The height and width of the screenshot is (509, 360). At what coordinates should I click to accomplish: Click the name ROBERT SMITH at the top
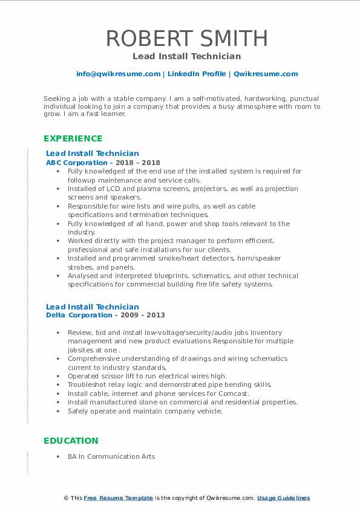click(x=187, y=39)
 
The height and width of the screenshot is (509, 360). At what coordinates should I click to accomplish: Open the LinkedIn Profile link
click(x=196, y=74)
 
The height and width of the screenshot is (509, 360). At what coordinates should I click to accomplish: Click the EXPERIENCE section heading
click(x=73, y=138)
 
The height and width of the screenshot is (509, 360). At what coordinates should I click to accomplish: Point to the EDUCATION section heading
click(x=70, y=441)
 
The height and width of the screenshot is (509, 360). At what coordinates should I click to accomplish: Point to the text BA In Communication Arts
click(x=111, y=456)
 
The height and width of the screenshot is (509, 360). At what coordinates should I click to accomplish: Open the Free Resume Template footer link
click(x=118, y=498)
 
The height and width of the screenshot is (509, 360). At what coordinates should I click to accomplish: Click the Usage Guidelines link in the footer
click(x=283, y=498)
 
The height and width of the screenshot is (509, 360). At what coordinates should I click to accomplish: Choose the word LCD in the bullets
click(x=113, y=189)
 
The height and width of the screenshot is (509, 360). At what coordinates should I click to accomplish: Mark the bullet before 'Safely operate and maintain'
click(x=57, y=411)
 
